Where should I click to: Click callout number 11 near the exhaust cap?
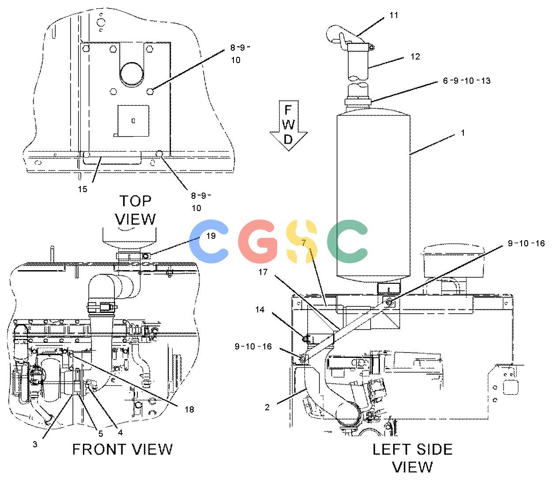[394, 15]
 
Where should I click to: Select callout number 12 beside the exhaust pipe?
[415, 56]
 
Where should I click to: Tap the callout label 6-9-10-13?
[466, 81]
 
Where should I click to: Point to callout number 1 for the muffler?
[463, 133]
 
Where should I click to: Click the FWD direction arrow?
[288, 125]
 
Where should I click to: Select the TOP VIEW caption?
[135, 210]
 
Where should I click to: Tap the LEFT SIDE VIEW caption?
[413, 458]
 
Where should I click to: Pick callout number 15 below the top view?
[83, 189]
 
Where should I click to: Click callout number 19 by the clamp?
[211, 236]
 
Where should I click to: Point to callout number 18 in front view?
[189, 409]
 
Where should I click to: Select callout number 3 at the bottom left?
[35, 444]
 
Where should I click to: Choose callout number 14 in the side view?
[260, 309]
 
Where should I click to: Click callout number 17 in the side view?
[263, 272]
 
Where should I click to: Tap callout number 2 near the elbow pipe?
[267, 407]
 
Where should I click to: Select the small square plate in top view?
[133, 121]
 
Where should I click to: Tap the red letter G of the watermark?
[258, 241]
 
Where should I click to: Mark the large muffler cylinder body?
[373, 195]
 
